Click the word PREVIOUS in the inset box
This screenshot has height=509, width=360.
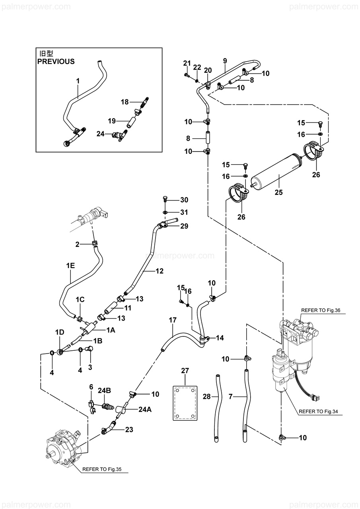point(56,62)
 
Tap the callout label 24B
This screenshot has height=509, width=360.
point(105,391)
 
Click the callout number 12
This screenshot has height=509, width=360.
point(160,271)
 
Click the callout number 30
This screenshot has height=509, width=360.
point(184,200)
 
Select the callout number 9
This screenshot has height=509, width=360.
point(225,61)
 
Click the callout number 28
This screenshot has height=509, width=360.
point(206,396)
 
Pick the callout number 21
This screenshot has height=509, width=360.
point(187,63)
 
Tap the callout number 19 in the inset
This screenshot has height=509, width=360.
point(111,120)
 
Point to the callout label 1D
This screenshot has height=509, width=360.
point(60,332)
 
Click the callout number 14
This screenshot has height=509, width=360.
point(220,338)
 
